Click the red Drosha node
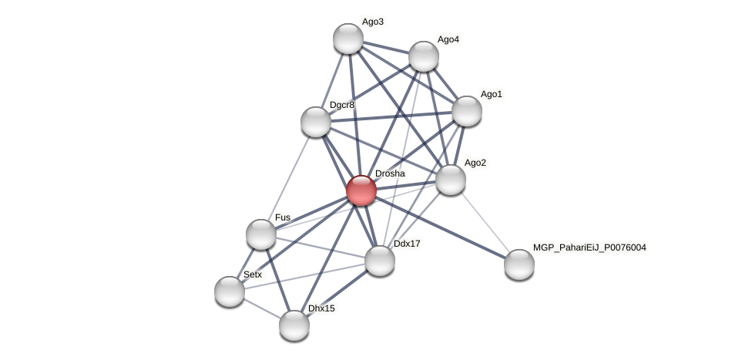pos(361,190)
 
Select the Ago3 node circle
pos(348,39)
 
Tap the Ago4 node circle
pos(424,56)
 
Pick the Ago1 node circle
pos(467,111)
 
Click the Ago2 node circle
pos(451,180)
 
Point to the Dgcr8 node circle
pos(316,122)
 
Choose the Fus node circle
pos(261,234)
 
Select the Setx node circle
pos(230,291)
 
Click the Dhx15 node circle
pos(294,325)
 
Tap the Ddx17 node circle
pos(380,261)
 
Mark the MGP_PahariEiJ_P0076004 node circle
pos(519,264)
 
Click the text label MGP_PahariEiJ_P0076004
pos(589,247)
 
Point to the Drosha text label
pos(389,173)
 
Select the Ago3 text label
pos(372,22)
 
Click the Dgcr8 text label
pos(341,105)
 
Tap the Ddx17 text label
pos(407,244)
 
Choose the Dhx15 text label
pos(321,308)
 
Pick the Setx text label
pos(253,274)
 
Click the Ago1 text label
pos(491,94)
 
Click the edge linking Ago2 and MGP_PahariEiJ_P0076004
pos(485,222)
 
